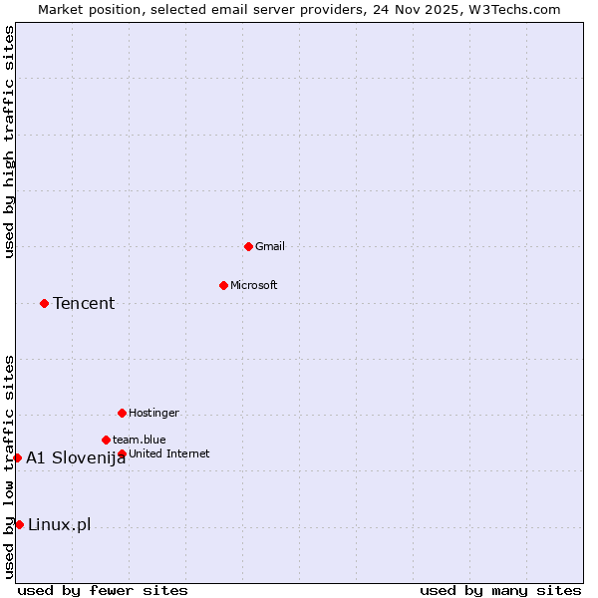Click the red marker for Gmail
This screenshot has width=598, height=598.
248,246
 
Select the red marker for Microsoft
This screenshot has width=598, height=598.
223,285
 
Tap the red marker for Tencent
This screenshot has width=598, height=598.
44,303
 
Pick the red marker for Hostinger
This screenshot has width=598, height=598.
122,413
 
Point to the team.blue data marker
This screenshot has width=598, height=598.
106,440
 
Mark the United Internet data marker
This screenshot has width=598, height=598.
122,453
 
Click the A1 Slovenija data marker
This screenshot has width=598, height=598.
17,457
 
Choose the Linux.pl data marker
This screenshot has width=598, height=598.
19,524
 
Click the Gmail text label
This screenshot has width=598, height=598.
270,246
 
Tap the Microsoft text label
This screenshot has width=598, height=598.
254,285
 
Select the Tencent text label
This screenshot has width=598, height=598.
84,303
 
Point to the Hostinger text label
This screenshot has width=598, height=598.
153,413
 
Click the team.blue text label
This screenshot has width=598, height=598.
140,440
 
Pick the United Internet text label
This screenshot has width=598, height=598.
169,453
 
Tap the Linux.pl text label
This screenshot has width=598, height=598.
59,524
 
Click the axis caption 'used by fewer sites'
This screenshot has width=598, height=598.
103,590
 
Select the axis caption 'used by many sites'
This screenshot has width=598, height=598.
500,590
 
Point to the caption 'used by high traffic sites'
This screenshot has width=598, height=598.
9,142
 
